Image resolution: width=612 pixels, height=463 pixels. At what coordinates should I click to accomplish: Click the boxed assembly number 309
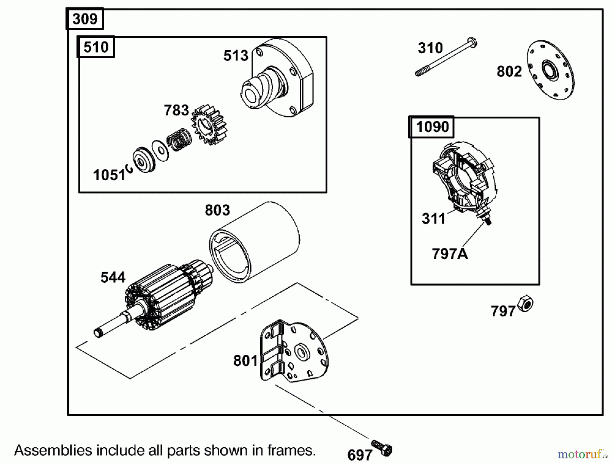click(85, 19)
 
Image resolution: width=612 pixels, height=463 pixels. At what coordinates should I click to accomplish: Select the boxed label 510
click(96, 47)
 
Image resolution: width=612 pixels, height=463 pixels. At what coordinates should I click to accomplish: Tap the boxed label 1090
click(432, 127)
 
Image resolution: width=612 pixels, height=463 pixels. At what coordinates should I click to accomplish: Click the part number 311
click(434, 219)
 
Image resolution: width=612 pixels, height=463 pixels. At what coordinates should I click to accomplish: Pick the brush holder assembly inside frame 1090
click(464, 178)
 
